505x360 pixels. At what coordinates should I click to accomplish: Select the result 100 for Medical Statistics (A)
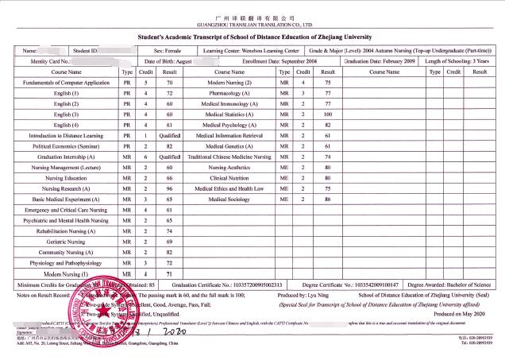click(327, 114)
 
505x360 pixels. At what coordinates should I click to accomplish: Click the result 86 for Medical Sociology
click(327, 199)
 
